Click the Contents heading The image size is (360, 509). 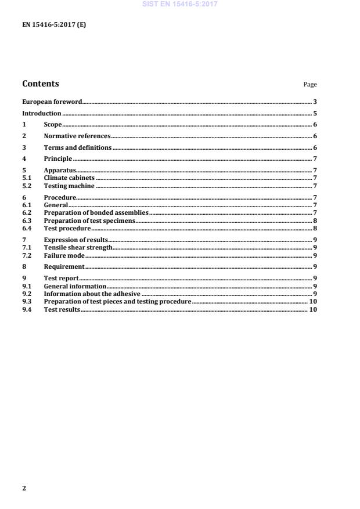[x=40, y=84]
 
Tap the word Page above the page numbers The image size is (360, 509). [x=310, y=85]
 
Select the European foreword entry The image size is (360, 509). [x=52, y=102]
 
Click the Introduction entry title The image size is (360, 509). [x=41, y=113]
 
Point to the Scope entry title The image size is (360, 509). [x=53, y=125]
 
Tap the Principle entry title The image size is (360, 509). [x=58, y=158]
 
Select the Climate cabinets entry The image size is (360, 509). [x=69, y=178]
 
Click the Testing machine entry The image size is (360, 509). [x=69, y=186]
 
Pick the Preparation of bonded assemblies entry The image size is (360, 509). [x=96, y=213]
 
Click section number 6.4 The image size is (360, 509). [x=26, y=228]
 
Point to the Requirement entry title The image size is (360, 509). [x=64, y=266]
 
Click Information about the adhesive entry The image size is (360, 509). [x=92, y=294]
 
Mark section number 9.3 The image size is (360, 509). [x=26, y=302]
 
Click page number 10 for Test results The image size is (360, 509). [x=312, y=310]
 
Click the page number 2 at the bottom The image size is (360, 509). [x=24, y=488]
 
